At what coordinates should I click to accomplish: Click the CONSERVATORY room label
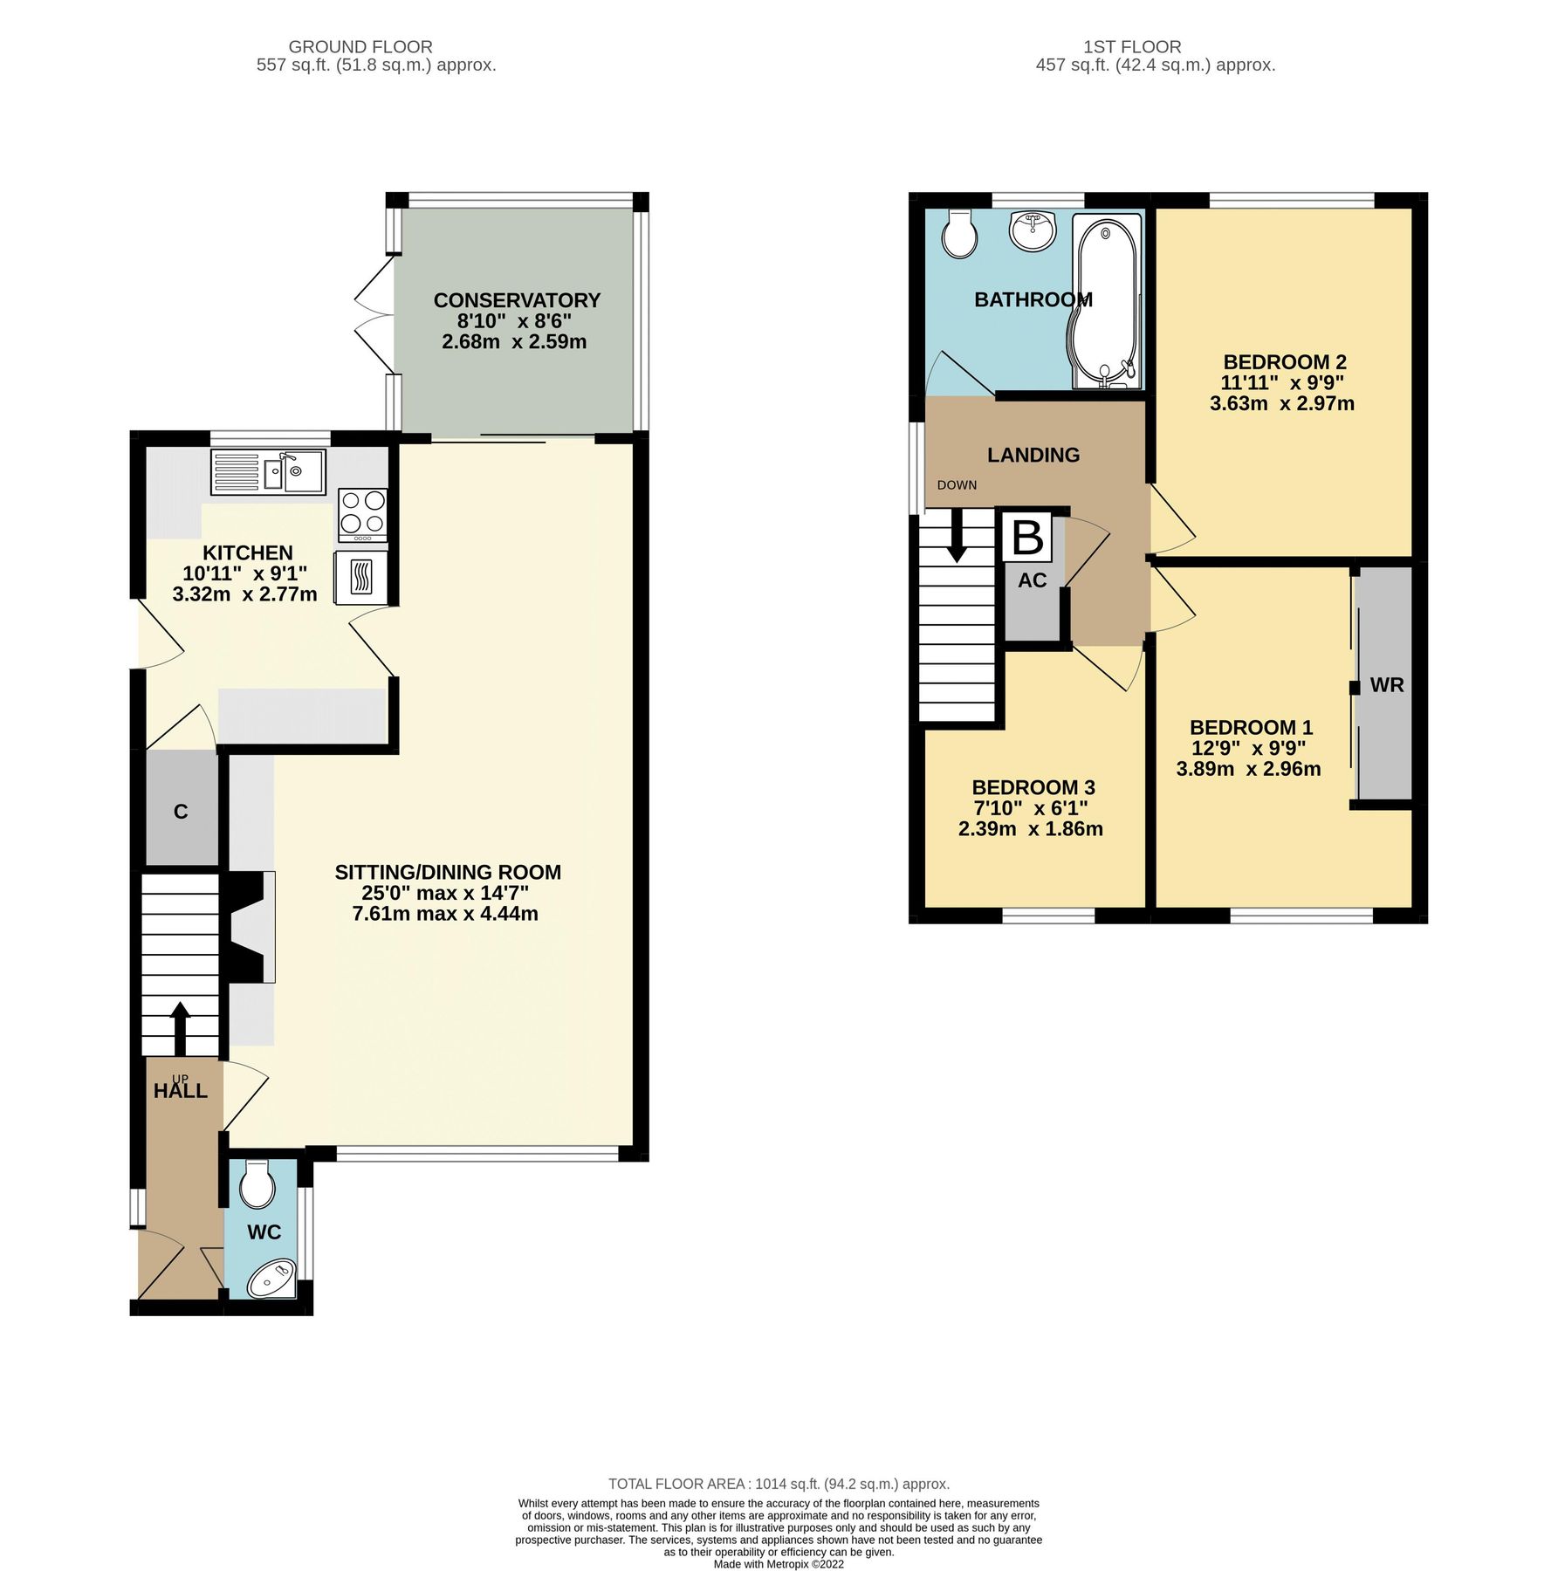517,300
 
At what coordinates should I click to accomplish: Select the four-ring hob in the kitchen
363,512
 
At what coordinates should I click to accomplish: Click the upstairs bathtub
1106,301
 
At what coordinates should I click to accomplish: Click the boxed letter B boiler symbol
1026,538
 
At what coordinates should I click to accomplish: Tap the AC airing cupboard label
1032,580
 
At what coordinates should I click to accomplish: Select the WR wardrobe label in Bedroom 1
1386,685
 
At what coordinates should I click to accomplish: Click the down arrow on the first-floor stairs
957,534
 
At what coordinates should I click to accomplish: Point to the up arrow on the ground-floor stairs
180,1028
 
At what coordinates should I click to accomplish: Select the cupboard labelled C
181,812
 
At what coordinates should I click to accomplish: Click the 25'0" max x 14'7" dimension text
445,894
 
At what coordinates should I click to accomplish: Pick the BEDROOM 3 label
1033,787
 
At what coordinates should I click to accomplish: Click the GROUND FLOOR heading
360,47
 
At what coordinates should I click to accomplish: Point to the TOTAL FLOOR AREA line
779,1484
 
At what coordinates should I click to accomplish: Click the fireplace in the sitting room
249,927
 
